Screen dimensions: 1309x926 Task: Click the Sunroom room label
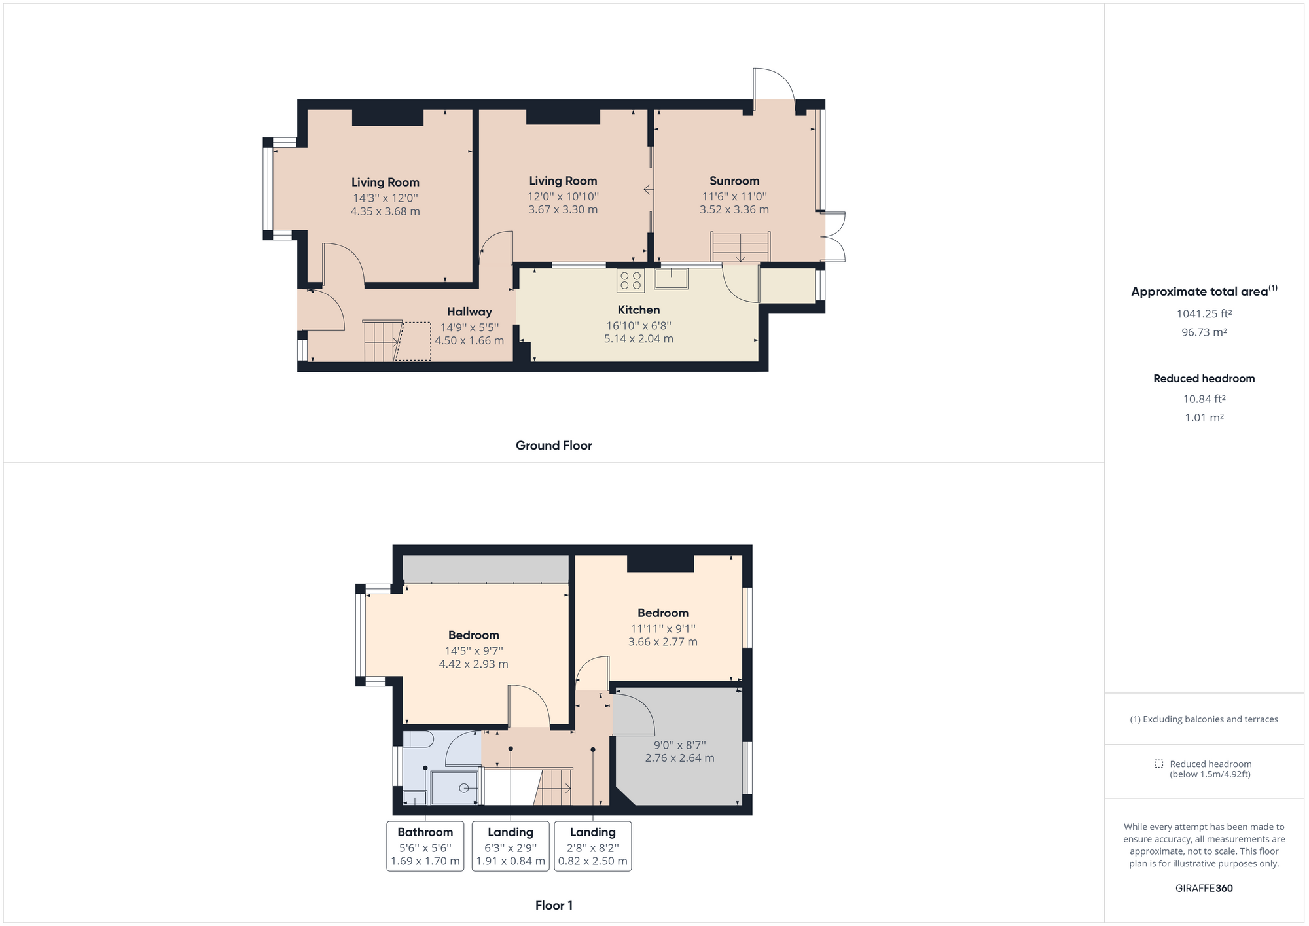pyautogui.click(x=734, y=181)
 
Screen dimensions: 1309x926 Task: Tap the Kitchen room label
pyautogui.click(x=639, y=310)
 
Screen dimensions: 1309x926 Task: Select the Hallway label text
pyautogui.click(x=469, y=312)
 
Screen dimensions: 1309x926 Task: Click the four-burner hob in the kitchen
pyautogui.click(x=630, y=281)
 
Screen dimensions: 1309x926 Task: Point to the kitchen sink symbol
pyautogui.click(x=671, y=279)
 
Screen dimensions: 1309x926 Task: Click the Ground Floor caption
pyautogui.click(x=554, y=446)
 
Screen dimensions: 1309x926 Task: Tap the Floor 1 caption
pyautogui.click(x=554, y=906)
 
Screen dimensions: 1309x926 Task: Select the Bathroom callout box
pyautogui.click(x=425, y=846)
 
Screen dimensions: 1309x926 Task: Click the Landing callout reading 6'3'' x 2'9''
pyautogui.click(x=511, y=846)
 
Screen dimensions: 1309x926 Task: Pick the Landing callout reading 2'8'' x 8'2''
pyautogui.click(x=593, y=846)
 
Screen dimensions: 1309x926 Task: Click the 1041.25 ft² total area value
pyautogui.click(x=1204, y=313)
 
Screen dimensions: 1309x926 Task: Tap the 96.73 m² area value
pyautogui.click(x=1204, y=332)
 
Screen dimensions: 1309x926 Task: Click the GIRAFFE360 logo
pyautogui.click(x=1204, y=888)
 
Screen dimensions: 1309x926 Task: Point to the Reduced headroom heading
pyautogui.click(x=1204, y=378)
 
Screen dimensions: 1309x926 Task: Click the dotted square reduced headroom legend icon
pyautogui.click(x=1158, y=764)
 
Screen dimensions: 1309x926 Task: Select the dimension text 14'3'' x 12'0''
pyautogui.click(x=386, y=198)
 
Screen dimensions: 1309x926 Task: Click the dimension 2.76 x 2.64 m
pyautogui.click(x=680, y=758)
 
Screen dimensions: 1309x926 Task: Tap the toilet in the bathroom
pyautogui.click(x=418, y=739)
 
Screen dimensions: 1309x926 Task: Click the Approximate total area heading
pyautogui.click(x=1204, y=291)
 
